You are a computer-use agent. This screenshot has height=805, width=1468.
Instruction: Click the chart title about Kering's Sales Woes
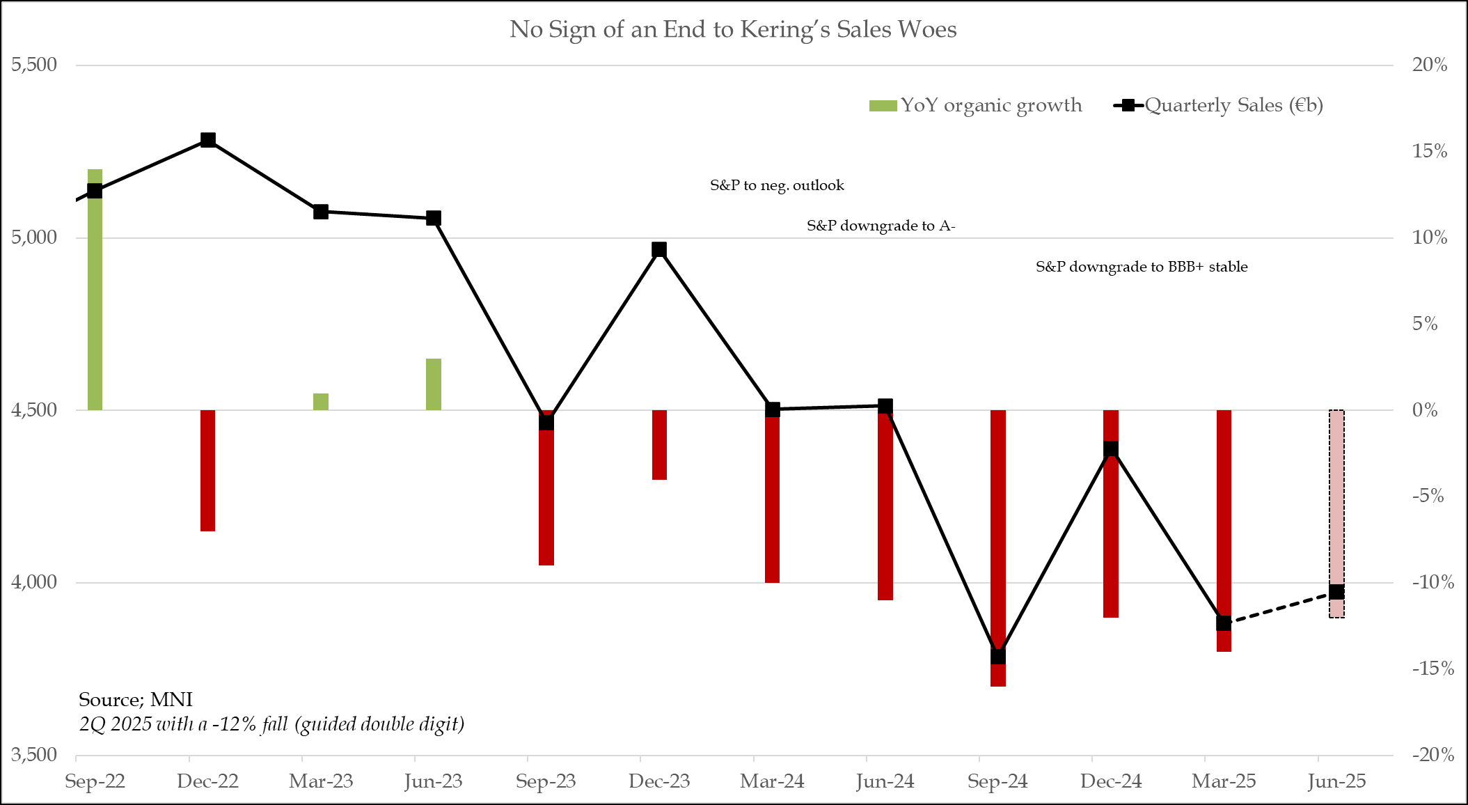click(x=733, y=29)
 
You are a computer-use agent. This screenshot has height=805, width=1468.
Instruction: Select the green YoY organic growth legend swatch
click(x=883, y=106)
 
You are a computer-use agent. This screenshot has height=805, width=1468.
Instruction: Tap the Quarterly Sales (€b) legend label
click(x=1233, y=105)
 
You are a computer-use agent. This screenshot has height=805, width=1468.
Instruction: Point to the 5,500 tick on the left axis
click(x=34, y=65)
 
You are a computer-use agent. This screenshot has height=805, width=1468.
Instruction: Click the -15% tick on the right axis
click(x=1433, y=669)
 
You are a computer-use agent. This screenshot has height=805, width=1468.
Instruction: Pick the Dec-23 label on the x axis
click(x=658, y=781)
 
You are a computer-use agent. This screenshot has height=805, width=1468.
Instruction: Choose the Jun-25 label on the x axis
click(x=1336, y=781)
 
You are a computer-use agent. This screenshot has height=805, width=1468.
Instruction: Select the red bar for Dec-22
click(x=207, y=470)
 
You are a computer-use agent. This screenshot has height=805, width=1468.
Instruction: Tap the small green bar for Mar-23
click(x=321, y=402)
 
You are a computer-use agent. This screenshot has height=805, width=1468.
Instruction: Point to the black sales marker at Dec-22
click(x=207, y=140)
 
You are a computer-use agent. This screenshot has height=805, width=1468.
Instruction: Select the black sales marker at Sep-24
click(x=998, y=656)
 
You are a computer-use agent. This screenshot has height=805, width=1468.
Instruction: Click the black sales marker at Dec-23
click(x=659, y=249)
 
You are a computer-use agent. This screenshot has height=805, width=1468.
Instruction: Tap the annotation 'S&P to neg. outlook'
click(x=777, y=185)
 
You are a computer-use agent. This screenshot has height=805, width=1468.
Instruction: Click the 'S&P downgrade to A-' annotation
click(x=881, y=226)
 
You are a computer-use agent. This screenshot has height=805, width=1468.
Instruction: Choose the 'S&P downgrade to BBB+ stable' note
click(x=1142, y=267)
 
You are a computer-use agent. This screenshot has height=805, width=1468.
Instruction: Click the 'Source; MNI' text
click(x=136, y=699)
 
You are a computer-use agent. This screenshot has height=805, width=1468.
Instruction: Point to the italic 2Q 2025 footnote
click(x=271, y=724)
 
